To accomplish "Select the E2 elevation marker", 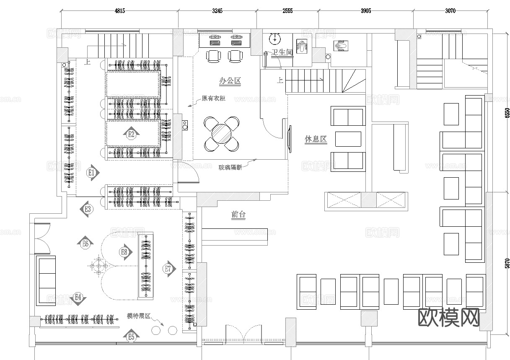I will (x=131, y=134).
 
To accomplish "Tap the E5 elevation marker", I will (x=131, y=336).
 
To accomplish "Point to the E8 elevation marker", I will (x=124, y=252).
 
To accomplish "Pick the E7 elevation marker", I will (x=168, y=269).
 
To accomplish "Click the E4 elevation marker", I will (x=78, y=297).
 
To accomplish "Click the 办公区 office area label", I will (x=230, y=81).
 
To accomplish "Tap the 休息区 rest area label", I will (x=316, y=139).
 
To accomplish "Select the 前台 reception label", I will (x=238, y=215).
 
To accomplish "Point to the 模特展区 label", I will (x=139, y=316).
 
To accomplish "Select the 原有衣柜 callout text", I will (x=213, y=98).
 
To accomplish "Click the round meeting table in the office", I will (x=221, y=134).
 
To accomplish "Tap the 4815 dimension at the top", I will (x=119, y=11).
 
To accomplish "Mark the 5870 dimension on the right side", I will (x=507, y=263).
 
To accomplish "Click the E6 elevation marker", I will (x=85, y=243).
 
